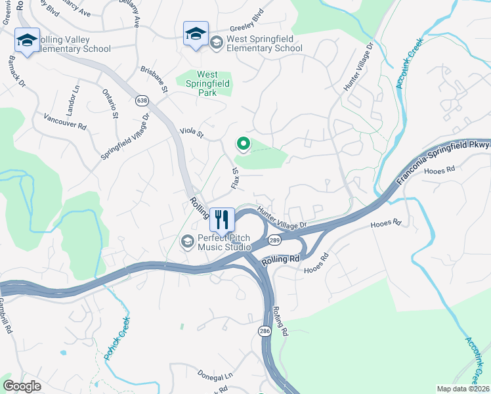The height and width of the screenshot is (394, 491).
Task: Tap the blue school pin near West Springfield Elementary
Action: click(x=196, y=33)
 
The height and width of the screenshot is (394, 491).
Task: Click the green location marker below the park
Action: click(x=243, y=143)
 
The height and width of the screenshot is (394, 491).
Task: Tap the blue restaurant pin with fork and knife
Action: click(x=222, y=219)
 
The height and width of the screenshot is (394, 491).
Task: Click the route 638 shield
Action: click(x=142, y=100)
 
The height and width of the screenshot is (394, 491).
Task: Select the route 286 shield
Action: click(x=264, y=330)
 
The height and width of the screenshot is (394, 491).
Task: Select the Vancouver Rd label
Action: click(x=65, y=120)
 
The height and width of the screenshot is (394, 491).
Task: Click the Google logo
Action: click(x=22, y=386)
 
